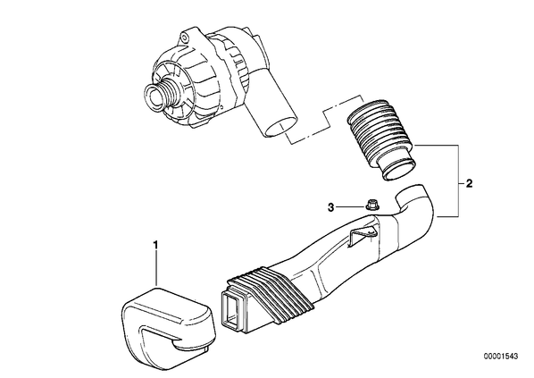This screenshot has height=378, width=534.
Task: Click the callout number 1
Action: pyautogui.click(x=155, y=245)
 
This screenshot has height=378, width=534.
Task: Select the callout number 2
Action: pyautogui.click(x=469, y=184)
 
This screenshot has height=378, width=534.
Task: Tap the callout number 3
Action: pyautogui.click(x=330, y=207)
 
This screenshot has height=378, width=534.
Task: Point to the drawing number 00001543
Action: pyautogui.click(x=501, y=357)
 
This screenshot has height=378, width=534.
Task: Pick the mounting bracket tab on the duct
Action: pyautogui.click(x=363, y=234)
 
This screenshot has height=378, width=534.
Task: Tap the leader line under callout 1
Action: pyautogui.click(x=156, y=267)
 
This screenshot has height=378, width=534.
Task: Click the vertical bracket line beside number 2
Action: pyautogui.click(x=459, y=181)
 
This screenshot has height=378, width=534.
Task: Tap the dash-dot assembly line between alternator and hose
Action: pyautogui.click(x=325, y=119)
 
